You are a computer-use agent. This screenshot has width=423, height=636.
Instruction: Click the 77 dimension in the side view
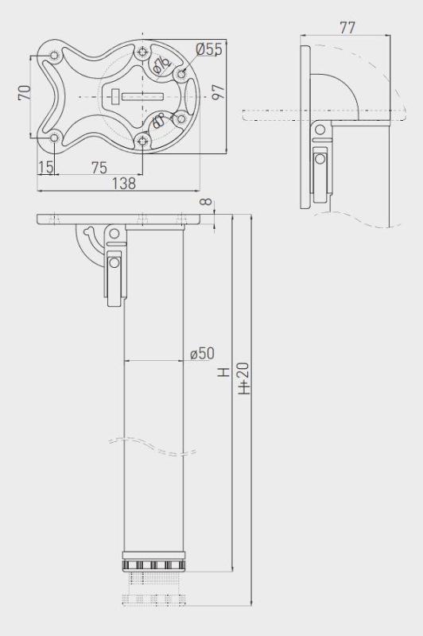click(347, 28)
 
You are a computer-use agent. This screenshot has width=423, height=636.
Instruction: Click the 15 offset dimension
click(45, 167)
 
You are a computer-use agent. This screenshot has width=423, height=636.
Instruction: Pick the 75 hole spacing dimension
click(99, 167)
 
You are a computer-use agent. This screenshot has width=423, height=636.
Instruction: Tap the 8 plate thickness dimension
click(208, 203)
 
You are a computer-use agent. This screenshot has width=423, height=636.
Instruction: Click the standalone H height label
click(224, 371)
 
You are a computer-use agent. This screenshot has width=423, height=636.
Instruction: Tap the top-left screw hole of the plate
click(54, 56)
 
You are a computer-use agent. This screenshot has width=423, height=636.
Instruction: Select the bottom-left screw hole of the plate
click(54, 138)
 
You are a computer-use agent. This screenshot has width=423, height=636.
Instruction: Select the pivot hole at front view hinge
click(114, 233)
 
